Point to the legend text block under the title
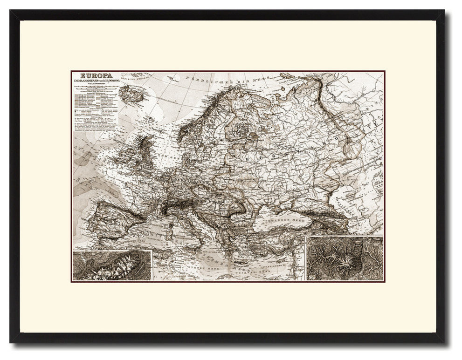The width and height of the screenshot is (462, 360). point(96,112)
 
